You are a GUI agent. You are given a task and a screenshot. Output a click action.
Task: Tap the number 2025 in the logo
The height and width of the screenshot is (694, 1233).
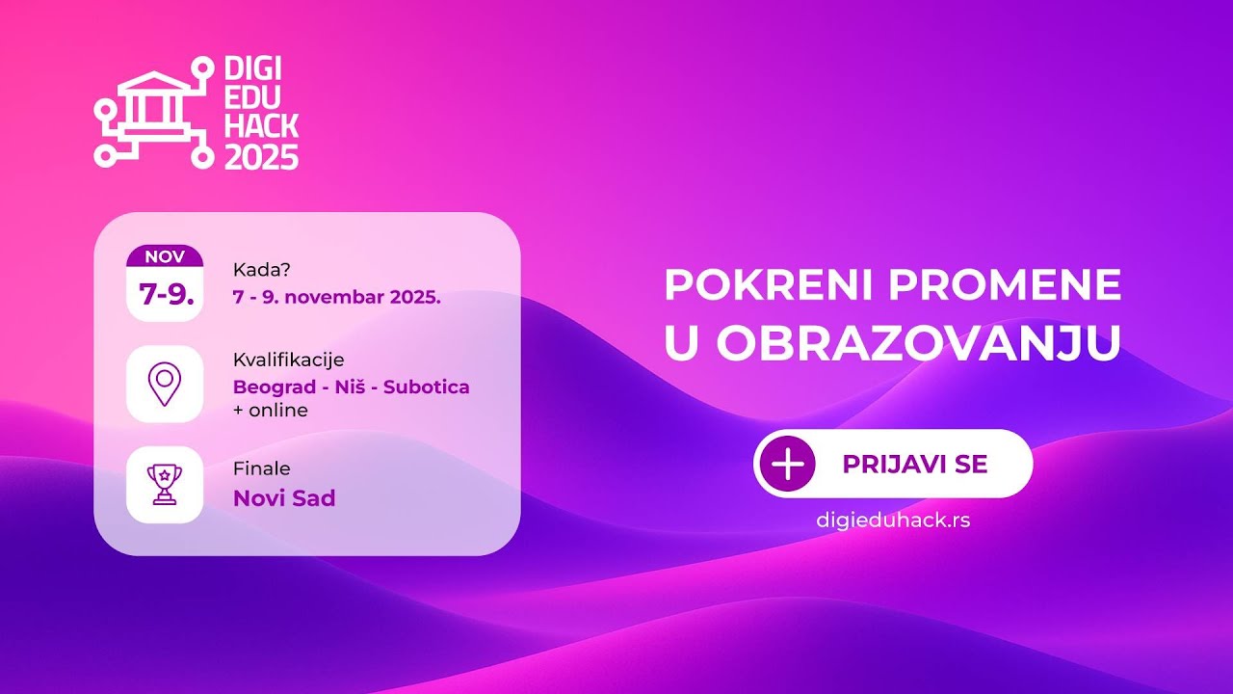261,157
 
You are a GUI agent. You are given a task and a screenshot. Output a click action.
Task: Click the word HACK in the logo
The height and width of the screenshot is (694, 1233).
261,126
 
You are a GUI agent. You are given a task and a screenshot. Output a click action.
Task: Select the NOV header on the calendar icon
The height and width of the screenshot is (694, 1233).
165,256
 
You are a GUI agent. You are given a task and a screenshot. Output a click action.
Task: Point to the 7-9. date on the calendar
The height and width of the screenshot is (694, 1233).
167,294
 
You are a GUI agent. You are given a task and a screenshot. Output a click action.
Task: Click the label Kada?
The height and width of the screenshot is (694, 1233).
261,270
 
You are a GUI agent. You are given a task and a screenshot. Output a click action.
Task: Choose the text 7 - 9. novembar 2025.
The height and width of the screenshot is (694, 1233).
337,298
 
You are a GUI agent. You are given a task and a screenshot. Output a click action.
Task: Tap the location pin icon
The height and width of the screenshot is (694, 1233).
165,384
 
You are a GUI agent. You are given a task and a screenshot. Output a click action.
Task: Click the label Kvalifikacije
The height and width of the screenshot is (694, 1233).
288,360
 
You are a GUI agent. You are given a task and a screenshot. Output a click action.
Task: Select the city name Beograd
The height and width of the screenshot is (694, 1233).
275,387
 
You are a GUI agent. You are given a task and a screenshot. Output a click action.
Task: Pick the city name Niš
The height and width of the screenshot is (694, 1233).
350,387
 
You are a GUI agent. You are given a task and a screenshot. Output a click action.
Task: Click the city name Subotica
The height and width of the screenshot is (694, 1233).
427,387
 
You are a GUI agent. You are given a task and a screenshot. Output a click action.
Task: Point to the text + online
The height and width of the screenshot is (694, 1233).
271,411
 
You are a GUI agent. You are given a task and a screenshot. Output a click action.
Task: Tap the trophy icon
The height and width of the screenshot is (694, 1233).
165,485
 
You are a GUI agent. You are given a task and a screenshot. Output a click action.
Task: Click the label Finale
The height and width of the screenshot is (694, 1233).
261,468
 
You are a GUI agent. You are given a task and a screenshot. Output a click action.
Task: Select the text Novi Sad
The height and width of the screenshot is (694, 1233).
284,498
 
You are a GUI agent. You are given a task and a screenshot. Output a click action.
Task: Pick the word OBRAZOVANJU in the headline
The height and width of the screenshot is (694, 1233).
919,342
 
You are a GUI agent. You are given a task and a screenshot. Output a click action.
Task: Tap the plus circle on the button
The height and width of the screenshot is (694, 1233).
788,464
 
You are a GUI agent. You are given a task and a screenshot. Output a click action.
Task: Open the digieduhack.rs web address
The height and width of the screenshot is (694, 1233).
893,520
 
